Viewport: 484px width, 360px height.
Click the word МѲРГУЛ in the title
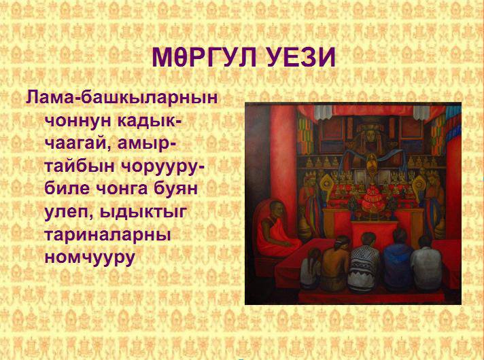[x=204, y=57]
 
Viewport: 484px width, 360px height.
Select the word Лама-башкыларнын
[x=122, y=98]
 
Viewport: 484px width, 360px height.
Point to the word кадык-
[x=150, y=120]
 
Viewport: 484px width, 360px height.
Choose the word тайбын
[x=80, y=166]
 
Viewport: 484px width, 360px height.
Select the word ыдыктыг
[x=143, y=212]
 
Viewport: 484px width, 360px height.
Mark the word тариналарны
[x=107, y=235]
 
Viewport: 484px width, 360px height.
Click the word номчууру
[x=90, y=257]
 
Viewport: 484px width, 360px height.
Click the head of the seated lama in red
[x=276, y=210]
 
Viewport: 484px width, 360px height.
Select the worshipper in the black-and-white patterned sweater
[x=365, y=262]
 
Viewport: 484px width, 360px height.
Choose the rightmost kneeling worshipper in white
[x=427, y=264]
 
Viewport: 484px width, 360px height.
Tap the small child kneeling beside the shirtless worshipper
[x=311, y=268]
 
